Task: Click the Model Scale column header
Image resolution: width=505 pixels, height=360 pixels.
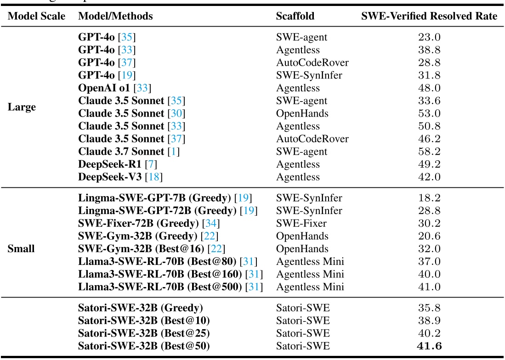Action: (x=37, y=16)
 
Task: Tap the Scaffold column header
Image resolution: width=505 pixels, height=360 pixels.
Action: (x=295, y=16)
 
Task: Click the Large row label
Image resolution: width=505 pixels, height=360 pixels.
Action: (x=22, y=107)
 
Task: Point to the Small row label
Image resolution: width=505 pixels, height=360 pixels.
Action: (x=21, y=248)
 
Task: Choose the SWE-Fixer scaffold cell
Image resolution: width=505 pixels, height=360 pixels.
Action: (x=301, y=224)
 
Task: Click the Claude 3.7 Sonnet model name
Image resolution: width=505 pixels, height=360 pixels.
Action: (x=121, y=151)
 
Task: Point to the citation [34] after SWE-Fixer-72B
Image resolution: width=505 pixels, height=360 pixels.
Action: (x=212, y=224)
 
